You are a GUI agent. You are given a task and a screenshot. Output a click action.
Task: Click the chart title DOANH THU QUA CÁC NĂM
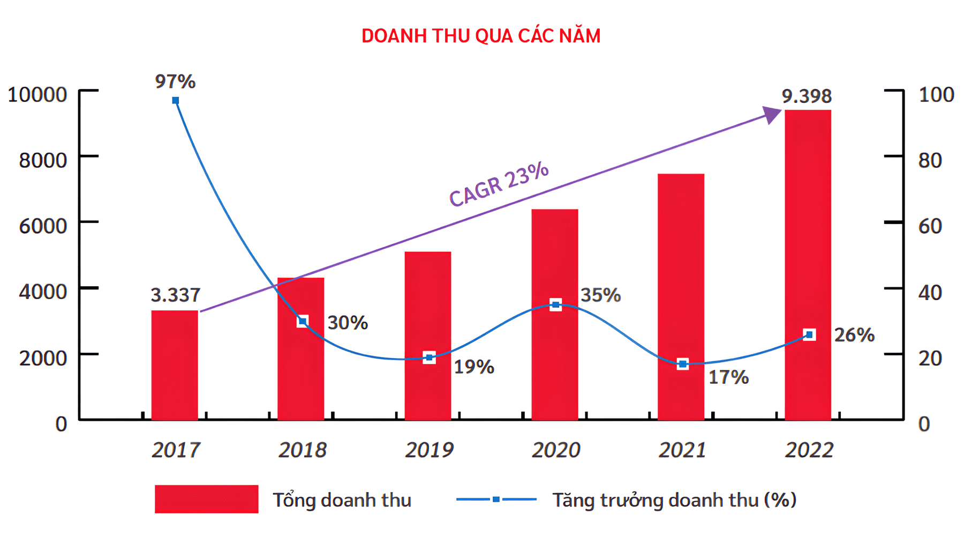[x=481, y=36]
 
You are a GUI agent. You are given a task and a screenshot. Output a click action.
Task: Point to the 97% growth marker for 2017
[x=176, y=100]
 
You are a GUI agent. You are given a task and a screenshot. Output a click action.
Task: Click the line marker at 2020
[x=556, y=305]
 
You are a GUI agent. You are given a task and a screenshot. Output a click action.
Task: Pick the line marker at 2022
[x=809, y=335]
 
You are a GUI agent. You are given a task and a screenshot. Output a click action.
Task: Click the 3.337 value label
[x=175, y=295]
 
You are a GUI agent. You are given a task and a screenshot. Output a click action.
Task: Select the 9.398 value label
[x=807, y=96]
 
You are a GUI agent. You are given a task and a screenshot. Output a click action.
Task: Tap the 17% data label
[x=728, y=377]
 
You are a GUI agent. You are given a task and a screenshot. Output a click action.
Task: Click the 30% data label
[x=348, y=323]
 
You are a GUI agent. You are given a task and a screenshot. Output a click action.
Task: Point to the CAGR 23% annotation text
[x=499, y=184]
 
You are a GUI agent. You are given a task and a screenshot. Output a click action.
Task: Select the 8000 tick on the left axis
[x=43, y=160]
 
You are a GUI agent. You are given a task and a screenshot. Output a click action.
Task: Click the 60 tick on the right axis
[x=930, y=226]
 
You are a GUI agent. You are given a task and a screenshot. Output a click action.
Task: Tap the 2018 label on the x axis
[x=302, y=450]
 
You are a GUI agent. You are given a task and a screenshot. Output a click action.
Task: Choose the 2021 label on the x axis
[x=682, y=450]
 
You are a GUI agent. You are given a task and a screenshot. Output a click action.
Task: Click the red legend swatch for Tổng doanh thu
[x=206, y=499]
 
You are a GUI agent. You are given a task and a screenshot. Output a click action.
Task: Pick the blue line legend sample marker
[x=496, y=499]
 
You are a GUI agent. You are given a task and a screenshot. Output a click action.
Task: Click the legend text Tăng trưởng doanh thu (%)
[x=674, y=500]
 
